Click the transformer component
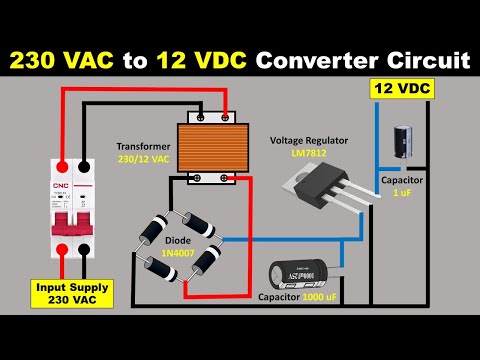[215, 150]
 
